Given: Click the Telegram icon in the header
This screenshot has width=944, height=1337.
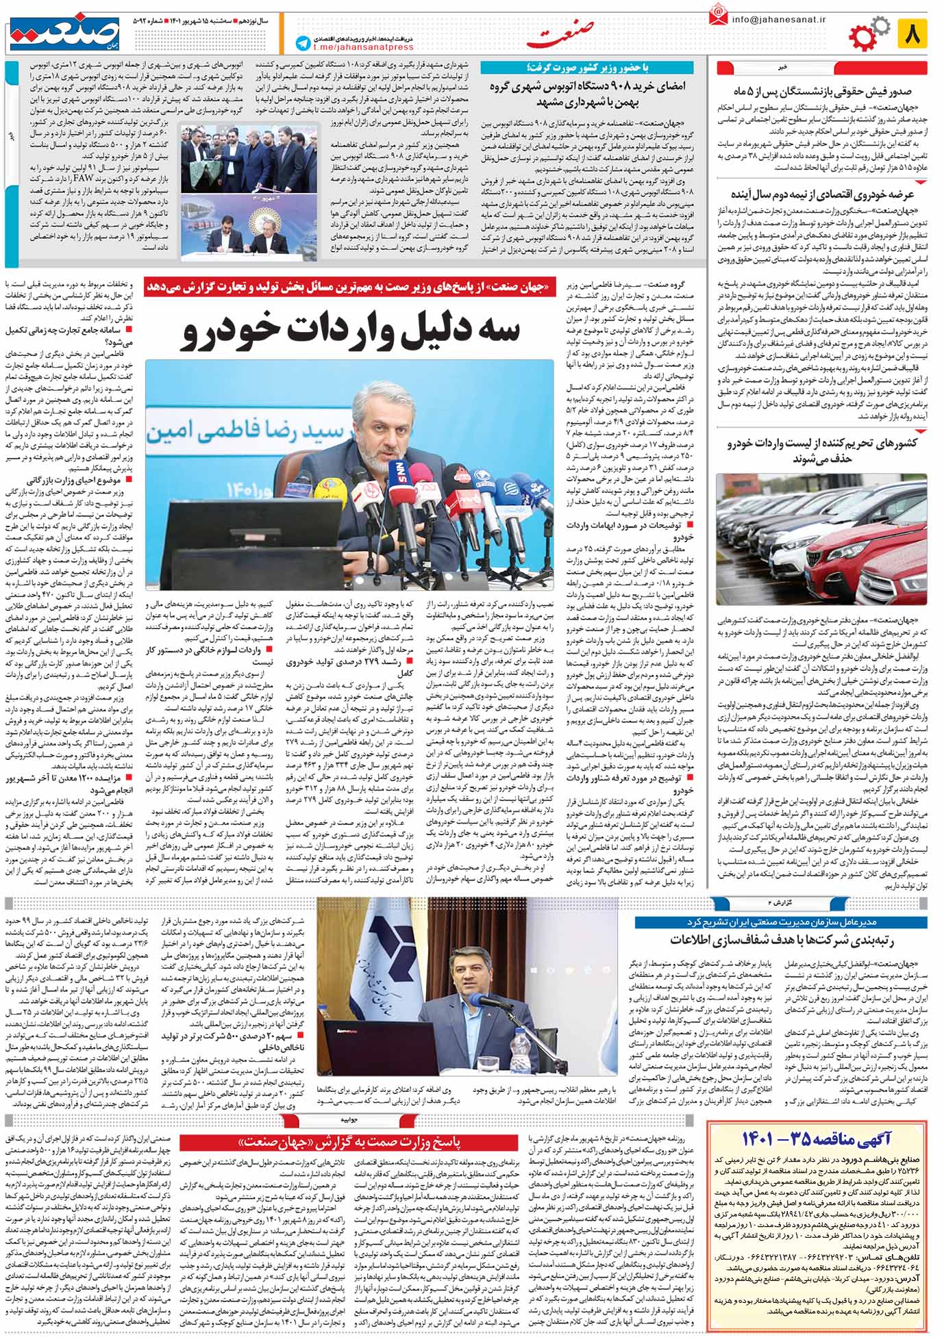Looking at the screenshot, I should click(x=302, y=43).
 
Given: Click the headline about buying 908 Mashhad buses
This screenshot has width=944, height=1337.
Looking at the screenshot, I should click(x=586, y=94).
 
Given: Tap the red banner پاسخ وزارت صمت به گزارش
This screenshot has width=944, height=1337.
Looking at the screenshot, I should click(x=349, y=1143).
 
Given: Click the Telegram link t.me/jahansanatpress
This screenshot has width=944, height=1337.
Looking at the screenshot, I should click(x=363, y=47).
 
